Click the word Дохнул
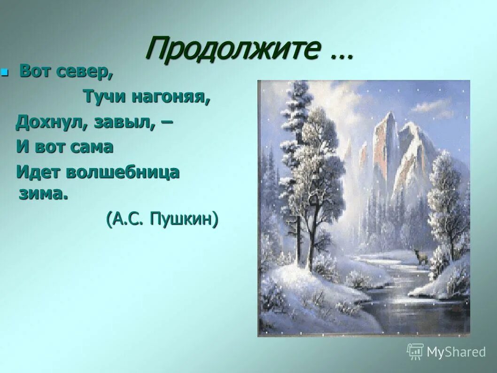52,122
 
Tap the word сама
92,147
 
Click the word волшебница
123,172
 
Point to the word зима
43,194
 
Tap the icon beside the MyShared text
415,351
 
